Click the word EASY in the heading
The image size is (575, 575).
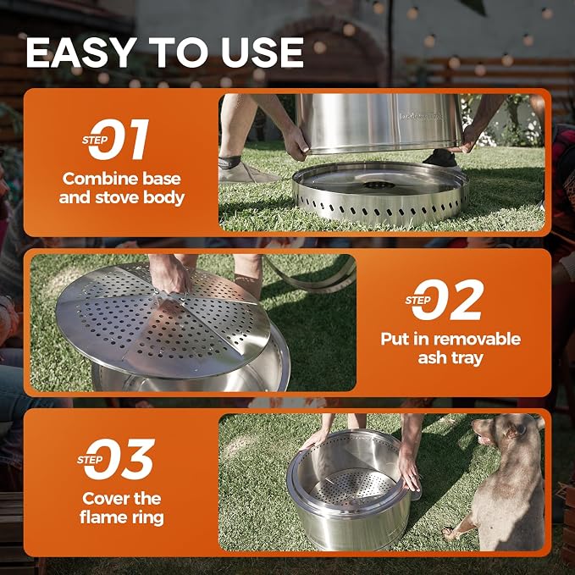click(80, 53)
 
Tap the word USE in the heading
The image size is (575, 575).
click(263, 53)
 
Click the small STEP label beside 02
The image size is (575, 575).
click(418, 301)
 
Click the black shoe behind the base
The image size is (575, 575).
click(440, 158)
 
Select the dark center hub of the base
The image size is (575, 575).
click(379, 185)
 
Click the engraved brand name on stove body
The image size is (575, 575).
click(421, 117)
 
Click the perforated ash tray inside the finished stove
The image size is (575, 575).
click(353, 487)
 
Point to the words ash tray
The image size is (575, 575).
click(451, 358)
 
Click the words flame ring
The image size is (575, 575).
click(122, 517)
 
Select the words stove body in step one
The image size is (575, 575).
click(140, 197)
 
